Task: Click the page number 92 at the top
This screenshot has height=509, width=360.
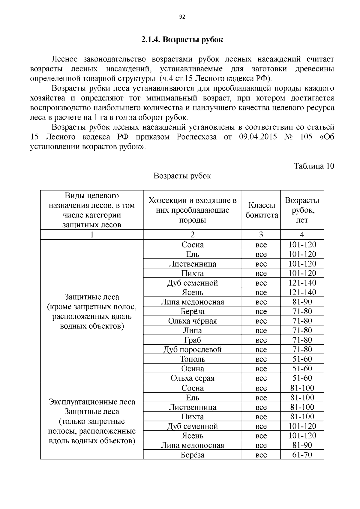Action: (x=182, y=17)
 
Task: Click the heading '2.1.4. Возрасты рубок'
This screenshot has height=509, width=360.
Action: (x=182, y=40)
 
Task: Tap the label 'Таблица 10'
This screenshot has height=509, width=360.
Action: (x=314, y=166)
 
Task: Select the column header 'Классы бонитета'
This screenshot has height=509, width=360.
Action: (x=261, y=210)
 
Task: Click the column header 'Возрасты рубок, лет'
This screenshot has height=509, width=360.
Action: (x=302, y=210)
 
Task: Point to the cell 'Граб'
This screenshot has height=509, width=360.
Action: (x=192, y=340)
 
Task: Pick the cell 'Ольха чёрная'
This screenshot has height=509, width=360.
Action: (x=192, y=321)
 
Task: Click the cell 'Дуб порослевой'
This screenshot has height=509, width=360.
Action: (x=192, y=350)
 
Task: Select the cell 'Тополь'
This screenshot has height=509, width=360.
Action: (x=192, y=359)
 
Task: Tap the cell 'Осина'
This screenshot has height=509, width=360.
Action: (x=192, y=369)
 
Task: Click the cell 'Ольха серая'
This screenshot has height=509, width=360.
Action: (x=192, y=378)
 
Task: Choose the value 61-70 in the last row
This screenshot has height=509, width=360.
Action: (x=302, y=455)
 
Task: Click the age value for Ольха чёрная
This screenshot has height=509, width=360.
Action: (x=302, y=321)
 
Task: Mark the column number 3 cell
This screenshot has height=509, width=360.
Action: (x=261, y=235)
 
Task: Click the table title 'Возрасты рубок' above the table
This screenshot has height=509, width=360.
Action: (x=182, y=176)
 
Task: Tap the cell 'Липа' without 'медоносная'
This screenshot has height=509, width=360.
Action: (x=192, y=331)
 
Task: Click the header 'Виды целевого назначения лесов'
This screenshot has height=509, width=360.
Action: (x=92, y=210)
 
